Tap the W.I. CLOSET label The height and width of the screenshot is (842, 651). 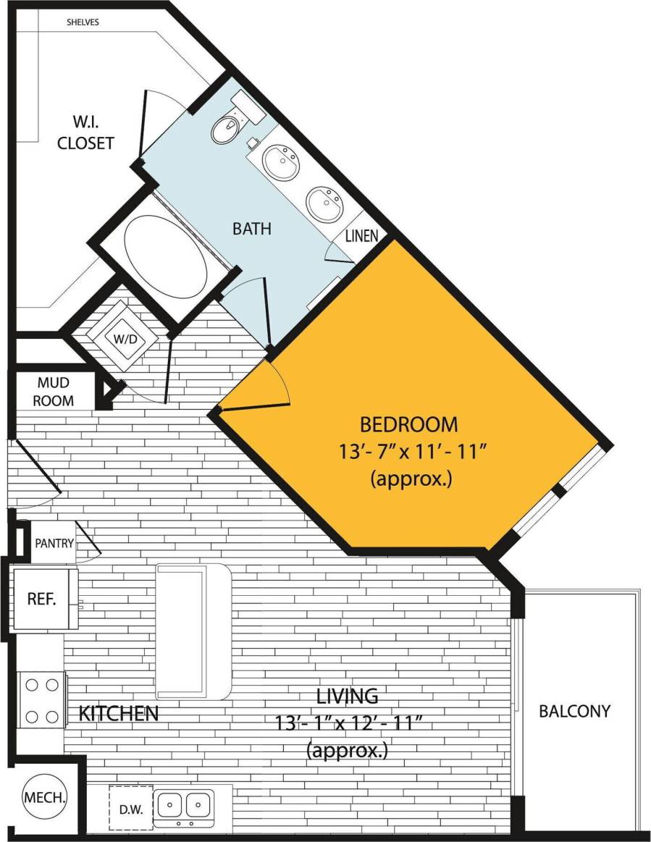tap(86, 132)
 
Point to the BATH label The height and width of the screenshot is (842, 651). tap(251, 229)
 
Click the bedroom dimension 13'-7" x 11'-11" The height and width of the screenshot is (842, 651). tap(411, 452)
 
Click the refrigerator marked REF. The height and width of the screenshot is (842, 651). tap(43, 598)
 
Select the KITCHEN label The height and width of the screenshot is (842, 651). tap(118, 713)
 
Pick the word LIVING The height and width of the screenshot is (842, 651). tap(348, 696)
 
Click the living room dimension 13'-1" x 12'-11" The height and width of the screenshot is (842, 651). tap(348, 723)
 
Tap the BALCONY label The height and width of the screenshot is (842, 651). tap(574, 711)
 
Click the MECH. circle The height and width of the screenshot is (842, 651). tap(45, 799)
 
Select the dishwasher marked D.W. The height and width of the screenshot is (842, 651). tap(131, 805)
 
